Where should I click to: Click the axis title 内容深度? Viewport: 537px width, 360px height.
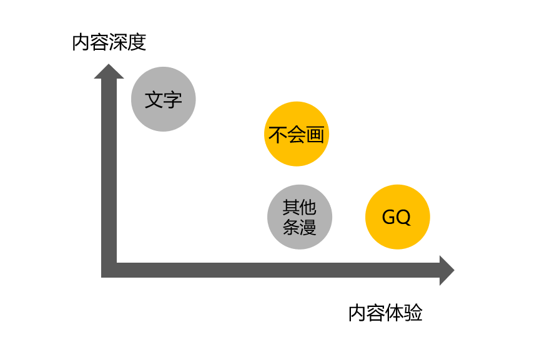coord(109,42)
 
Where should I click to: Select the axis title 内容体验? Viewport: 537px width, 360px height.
coord(385,313)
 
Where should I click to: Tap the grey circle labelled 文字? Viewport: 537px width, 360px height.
coord(164,99)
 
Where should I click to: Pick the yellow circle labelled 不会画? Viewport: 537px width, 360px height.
coord(297,134)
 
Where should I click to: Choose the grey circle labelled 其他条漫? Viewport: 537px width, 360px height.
coord(300,217)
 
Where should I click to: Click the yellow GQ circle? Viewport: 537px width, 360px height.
coord(397,217)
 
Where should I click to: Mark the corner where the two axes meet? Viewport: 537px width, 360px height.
coord(109,270)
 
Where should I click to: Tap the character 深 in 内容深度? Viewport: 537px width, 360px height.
coord(119,42)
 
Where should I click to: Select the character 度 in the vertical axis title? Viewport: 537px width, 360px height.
coord(137,42)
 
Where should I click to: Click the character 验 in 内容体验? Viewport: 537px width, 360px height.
coord(413,313)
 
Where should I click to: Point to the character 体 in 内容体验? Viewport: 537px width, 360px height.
coord(395,313)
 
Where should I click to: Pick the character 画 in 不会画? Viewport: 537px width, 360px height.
coord(316,135)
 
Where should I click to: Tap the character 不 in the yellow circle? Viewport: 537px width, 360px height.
coord(278,135)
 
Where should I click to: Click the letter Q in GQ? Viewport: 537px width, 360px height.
coord(403,217)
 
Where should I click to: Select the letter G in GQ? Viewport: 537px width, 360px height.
coord(389,217)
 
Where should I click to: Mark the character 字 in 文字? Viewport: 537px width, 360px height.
coord(173,100)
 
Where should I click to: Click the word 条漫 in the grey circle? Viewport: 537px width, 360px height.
coord(300,226)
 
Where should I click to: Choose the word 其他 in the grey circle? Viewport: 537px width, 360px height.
coord(300,208)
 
